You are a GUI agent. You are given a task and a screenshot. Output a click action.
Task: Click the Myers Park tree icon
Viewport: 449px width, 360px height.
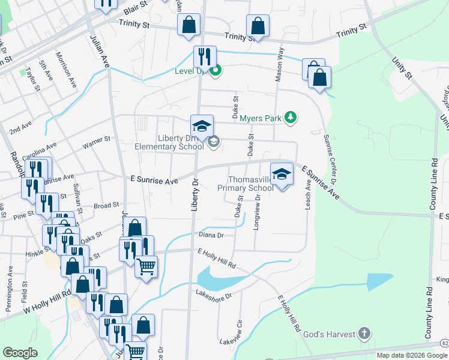[x=291, y=117]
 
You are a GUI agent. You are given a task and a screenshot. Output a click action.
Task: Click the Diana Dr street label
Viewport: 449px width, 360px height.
[x=211, y=236]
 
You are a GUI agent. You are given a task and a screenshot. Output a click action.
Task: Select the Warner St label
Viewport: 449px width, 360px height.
[x=96, y=142]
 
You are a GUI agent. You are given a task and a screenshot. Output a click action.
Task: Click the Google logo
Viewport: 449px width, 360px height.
[x=20, y=353]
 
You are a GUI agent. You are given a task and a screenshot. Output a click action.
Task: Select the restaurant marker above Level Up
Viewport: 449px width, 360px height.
[x=204, y=57]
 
